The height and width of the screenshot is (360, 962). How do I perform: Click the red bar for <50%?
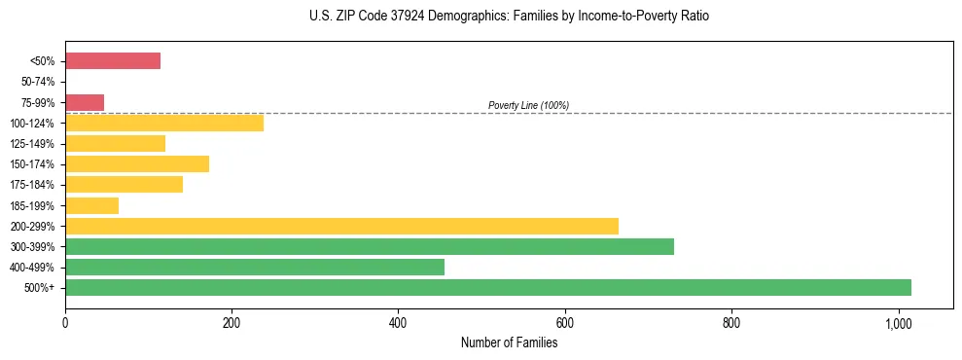click(x=113, y=61)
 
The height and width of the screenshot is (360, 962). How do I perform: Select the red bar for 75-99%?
click(x=85, y=102)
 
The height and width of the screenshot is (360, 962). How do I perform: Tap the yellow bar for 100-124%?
click(x=164, y=123)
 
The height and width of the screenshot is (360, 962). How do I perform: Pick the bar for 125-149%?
click(x=115, y=144)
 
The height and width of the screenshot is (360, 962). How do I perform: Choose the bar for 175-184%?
click(x=124, y=185)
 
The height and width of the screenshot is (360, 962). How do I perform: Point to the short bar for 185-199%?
click(x=91, y=205)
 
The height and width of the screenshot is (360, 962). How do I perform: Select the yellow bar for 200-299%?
click(x=341, y=226)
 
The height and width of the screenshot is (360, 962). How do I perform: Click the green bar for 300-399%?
click(x=370, y=246)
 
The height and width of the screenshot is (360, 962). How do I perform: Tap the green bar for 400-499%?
click(x=255, y=267)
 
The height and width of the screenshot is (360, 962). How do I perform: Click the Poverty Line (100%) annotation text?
click(x=528, y=105)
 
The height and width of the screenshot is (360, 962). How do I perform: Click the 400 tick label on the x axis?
click(x=398, y=322)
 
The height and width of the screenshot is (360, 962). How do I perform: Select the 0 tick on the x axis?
click(x=65, y=322)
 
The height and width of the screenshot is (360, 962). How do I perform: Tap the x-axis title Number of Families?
click(x=509, y=342)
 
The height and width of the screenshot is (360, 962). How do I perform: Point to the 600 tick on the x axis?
click(x=564, y=322)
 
